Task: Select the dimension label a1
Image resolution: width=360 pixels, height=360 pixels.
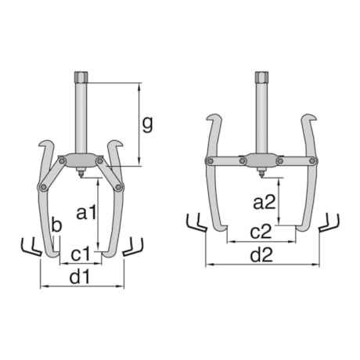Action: click(x=86, y=211)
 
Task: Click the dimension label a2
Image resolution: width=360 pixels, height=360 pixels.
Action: click(x=265, y=202)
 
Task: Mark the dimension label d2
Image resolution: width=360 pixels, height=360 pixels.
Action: click(x=261, y=255)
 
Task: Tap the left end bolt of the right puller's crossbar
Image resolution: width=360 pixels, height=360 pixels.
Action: click(x=210, y=160)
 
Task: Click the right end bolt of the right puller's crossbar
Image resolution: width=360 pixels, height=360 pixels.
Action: click(x=313, y=160)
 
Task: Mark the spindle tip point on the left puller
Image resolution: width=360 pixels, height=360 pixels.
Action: click(x=82, y=176)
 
